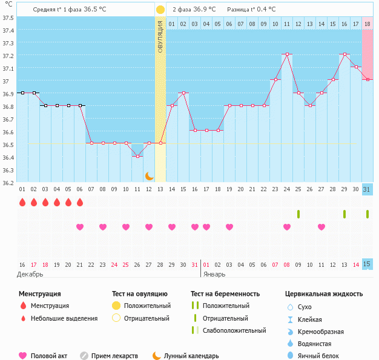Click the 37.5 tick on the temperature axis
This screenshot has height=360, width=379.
pos(8,18)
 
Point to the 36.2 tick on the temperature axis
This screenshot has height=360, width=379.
pos(8,183)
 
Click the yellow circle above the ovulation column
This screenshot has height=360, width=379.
pos(160,10)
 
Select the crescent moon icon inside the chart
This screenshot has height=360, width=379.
pos(149,175)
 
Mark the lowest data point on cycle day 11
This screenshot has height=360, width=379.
pos(137,156)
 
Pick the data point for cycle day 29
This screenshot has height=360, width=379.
pos(344,54)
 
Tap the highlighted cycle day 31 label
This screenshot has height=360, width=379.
pos(367,189)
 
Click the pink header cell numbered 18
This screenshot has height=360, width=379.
pos(367,24)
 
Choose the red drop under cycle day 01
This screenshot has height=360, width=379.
pos(22,202)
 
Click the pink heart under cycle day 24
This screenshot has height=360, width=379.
pos(287,227)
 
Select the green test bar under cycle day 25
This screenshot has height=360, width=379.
pos(298,214)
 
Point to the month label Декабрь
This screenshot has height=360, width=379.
pos(30,274)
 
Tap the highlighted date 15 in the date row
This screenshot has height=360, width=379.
pos(367,264)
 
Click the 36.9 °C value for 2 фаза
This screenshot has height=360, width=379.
pos(207,10)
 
